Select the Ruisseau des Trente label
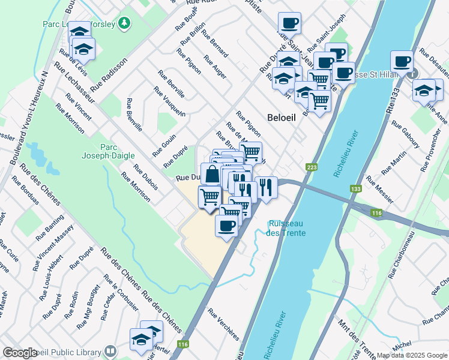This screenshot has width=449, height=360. click(x=287, y=229)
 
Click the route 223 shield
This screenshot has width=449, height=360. click(x=312, y=167)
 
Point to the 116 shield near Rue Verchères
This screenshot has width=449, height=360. click(x=183, y=344)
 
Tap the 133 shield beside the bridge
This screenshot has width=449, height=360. click(x=356, y=188)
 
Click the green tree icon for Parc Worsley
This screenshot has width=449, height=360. click(x=124, y=23)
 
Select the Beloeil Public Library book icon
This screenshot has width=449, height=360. click(x=110, y=351)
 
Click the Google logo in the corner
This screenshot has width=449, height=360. click(x=19, y=353)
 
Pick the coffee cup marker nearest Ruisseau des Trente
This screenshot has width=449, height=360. click(x=226, y=226)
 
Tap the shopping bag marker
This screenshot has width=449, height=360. click(x=212, y=175)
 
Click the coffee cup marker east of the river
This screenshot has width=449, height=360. click(x=402, y=61)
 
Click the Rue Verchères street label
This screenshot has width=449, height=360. click(x=223, y=324)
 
